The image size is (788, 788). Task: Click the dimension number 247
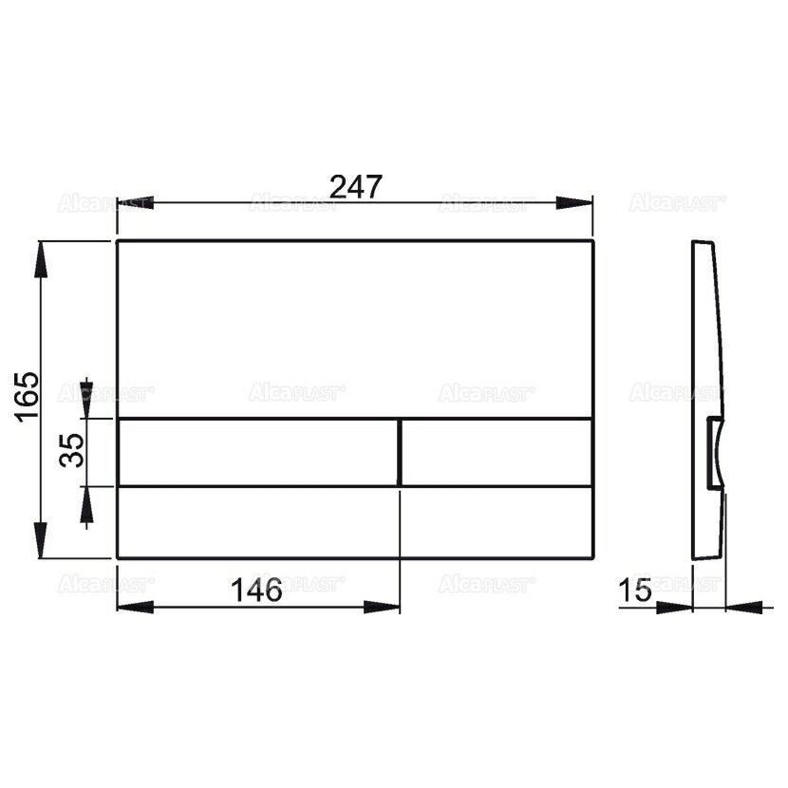[x=356, y=186]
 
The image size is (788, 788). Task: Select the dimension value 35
[x=72, y=450]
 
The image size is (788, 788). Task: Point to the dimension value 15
[x=635, y=590]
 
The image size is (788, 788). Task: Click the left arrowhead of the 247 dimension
[x=135, y=203]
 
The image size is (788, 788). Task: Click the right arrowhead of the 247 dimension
[x=575, y=203]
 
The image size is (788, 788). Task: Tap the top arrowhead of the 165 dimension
[x=41, y=259]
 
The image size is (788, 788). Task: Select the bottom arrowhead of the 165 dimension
[x=41, y=540]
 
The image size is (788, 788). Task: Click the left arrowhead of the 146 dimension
[x=135, y=607]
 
